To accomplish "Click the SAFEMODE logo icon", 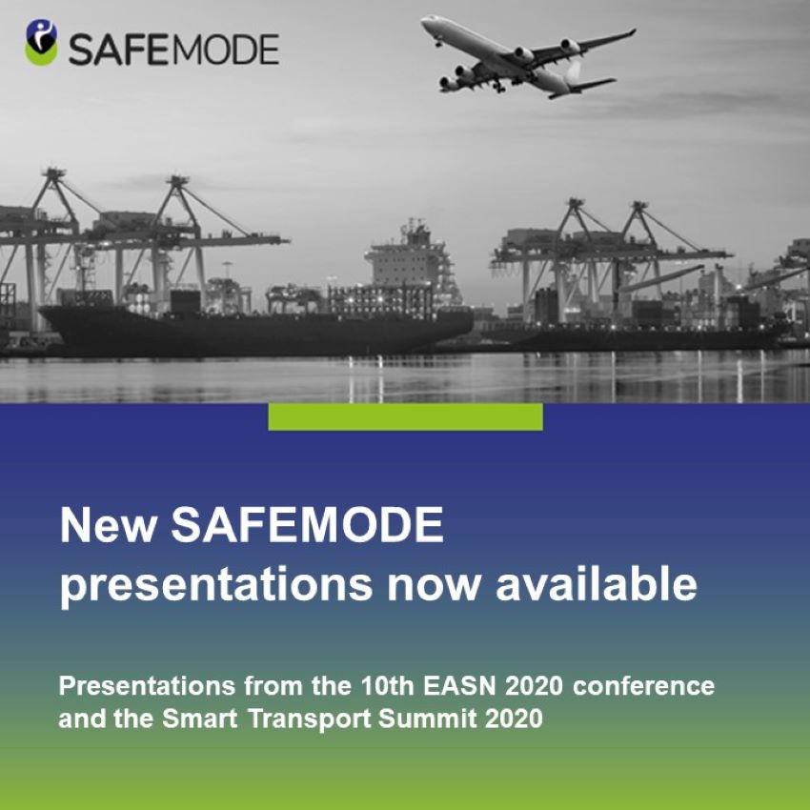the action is point(41,42).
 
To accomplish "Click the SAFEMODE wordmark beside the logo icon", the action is point(174,50).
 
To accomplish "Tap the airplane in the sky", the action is point(528,56).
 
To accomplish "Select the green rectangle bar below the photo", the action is point(406,416).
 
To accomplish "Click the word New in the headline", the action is point(109,525).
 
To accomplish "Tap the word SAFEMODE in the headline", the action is point(308,525).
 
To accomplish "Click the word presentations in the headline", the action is point(216,586).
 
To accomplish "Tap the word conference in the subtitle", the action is point(643,686).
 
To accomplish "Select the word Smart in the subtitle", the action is point(200,719).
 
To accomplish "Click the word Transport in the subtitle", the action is point(309,719).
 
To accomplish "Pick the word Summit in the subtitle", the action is point(428,719).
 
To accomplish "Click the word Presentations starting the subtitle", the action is point(147,686).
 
